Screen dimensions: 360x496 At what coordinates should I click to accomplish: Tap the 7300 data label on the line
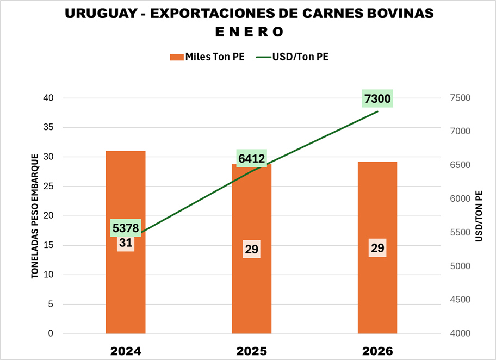[x=377, y=100]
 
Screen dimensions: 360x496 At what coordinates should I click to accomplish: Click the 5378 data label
[x=126, y=227]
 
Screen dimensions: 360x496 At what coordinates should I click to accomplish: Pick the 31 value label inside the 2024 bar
[x=126, y=243]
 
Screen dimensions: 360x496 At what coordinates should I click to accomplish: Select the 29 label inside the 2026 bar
[x=377, y=247]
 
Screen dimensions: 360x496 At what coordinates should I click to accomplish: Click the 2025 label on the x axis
[x=251, y=351]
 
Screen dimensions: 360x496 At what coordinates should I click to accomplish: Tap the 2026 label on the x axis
[x=377, y=351]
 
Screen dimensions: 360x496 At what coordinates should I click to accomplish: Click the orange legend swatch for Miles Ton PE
[x=176, y=57]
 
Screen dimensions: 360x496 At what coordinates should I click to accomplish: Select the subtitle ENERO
[x=249, y=32]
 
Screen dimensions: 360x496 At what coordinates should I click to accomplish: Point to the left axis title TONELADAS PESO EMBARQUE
[x=35, y=216]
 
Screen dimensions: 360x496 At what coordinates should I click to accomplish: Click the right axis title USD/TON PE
[x=479, y=216]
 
